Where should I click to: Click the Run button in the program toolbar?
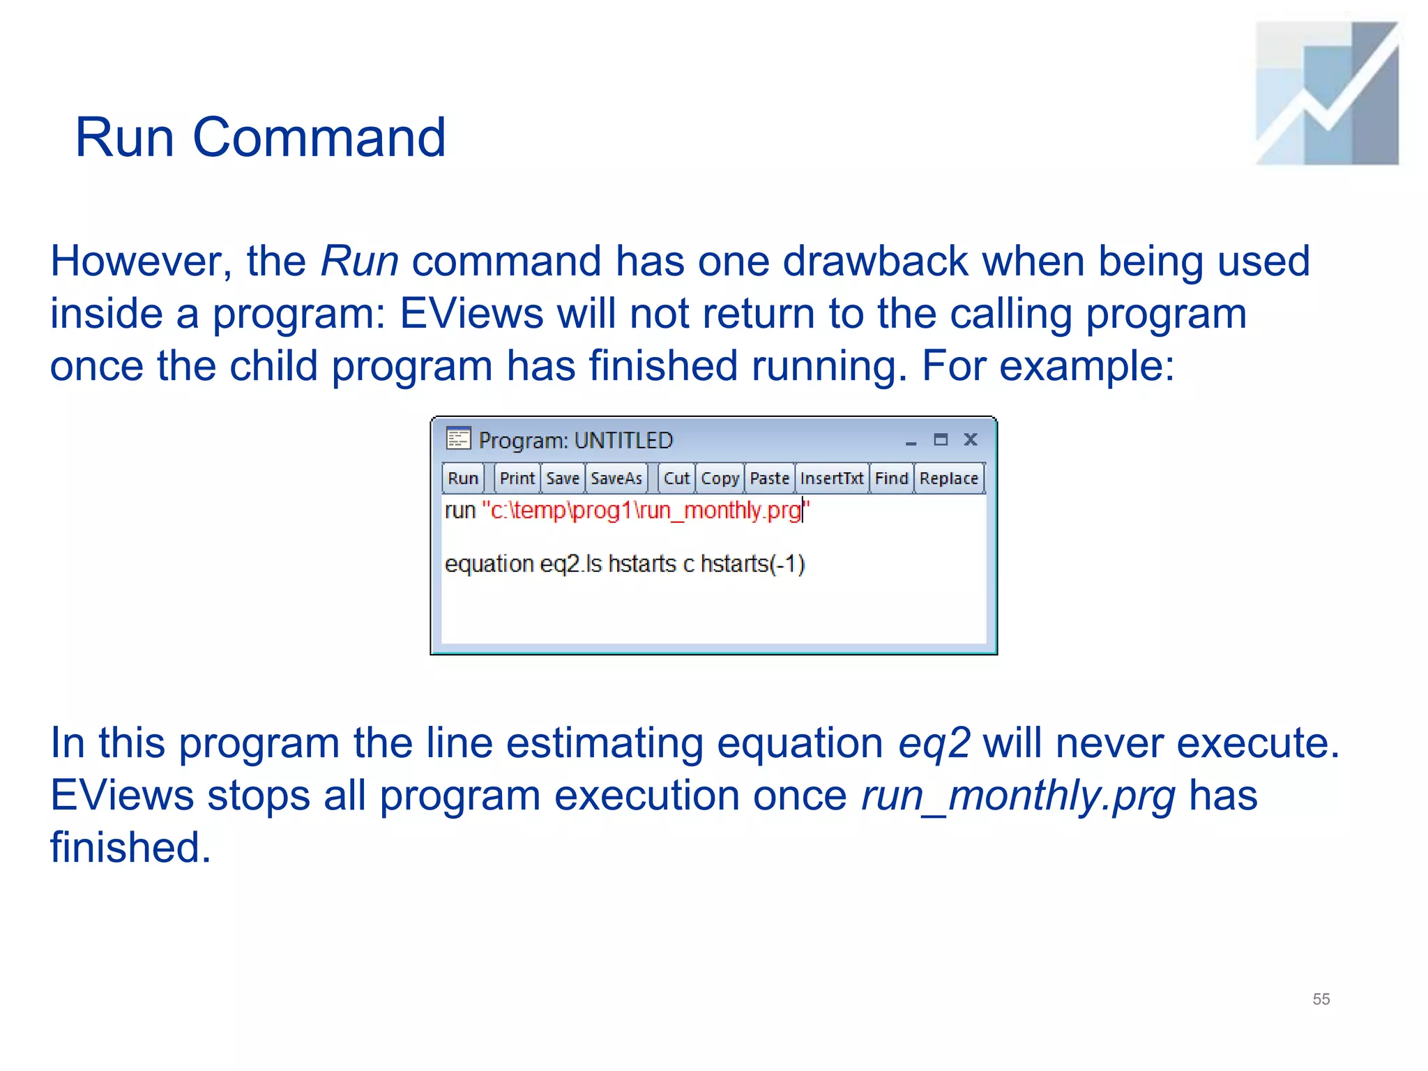coord(462,478)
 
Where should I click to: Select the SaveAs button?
coord(616,478)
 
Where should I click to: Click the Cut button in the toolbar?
coord(676,478)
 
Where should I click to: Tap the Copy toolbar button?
coord(720,478)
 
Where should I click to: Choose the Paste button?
coord(769,478)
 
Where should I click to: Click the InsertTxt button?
coord(831,478)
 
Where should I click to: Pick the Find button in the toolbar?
coord(891,478)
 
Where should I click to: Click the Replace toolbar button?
coord(948,478)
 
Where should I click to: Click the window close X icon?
coord(970,439)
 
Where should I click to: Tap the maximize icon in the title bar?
coord(941,439)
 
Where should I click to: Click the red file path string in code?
coord(645,510)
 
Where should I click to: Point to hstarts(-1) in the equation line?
coord(752,563)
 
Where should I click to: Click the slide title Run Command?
coord(260,137)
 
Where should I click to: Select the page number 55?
coord(1321,998)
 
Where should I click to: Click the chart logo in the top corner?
coord(1326,93)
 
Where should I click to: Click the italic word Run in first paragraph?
coord(359,261)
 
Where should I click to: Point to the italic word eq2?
coord(934,743)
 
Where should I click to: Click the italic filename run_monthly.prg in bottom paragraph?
coord(1018,796)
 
